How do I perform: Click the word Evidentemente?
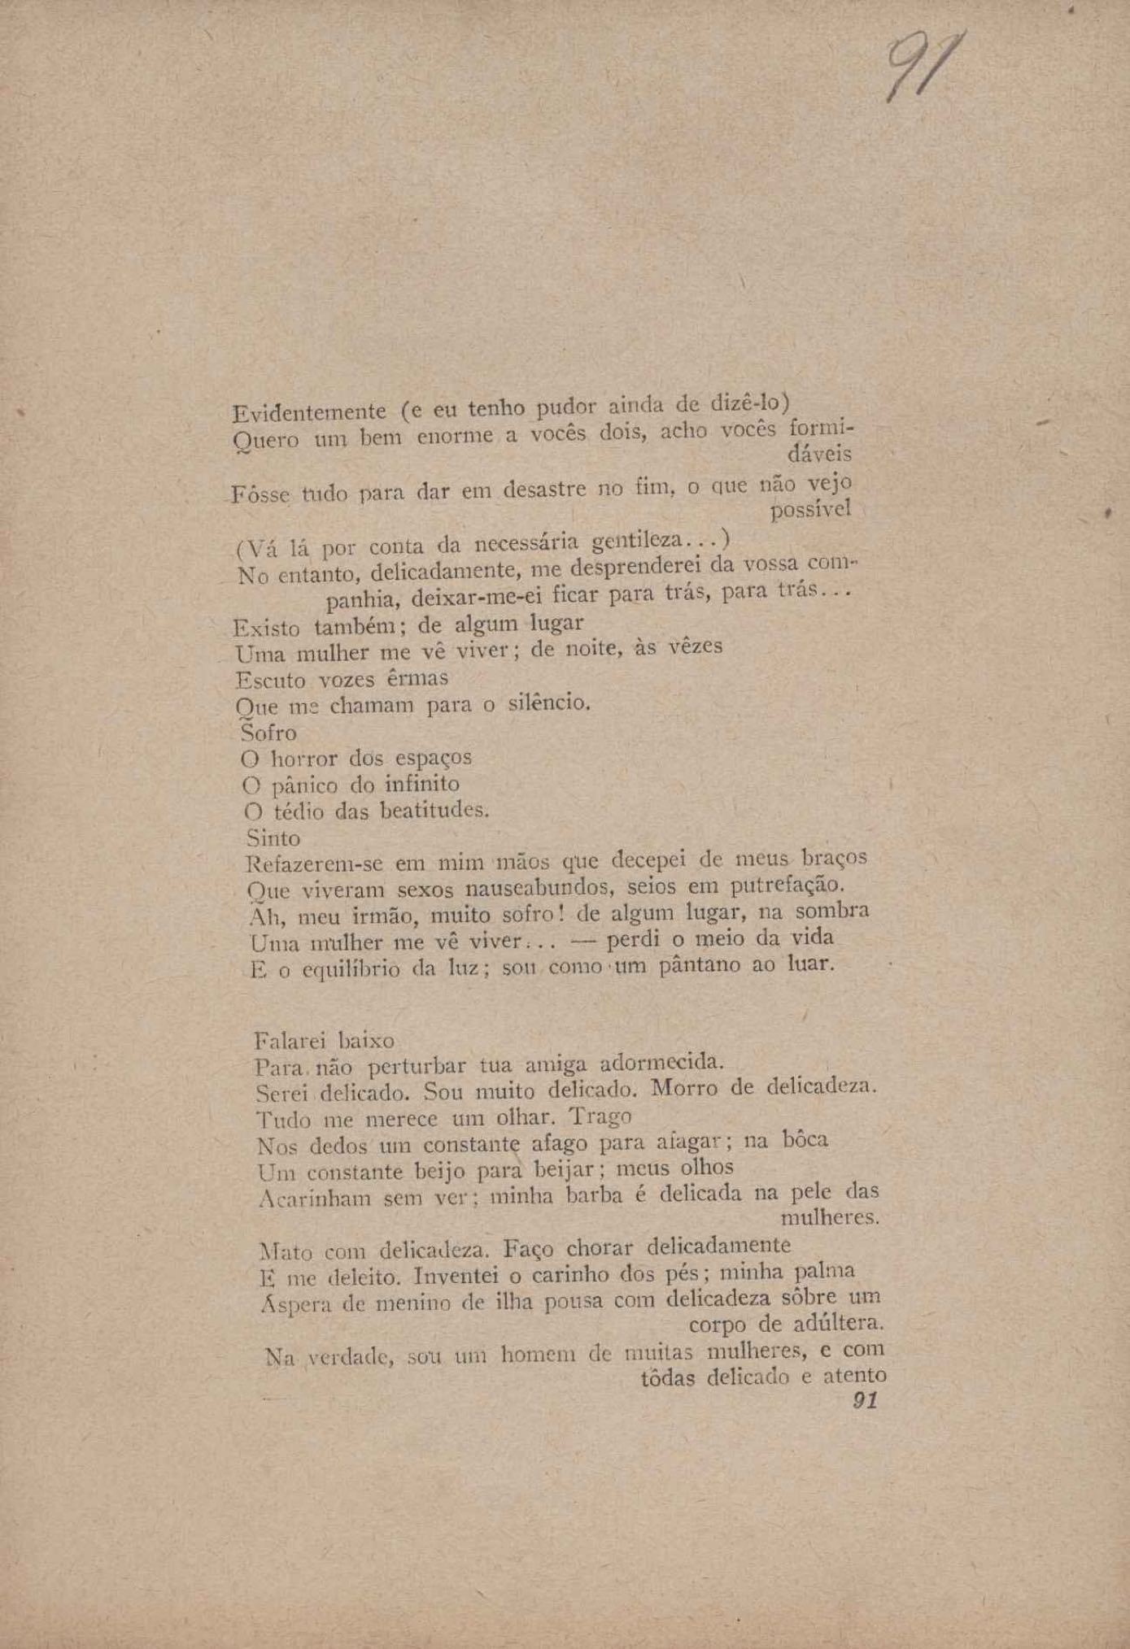click(x=309, y=411)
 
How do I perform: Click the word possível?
click(x=810, y=510)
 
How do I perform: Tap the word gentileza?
click(x=639, y=541)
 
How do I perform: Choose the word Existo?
click(x=267, y=628)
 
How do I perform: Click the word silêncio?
click(x=547, y=702)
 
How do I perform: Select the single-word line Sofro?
click(x=269, y=733)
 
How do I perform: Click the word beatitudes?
click(x=436, y=811)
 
